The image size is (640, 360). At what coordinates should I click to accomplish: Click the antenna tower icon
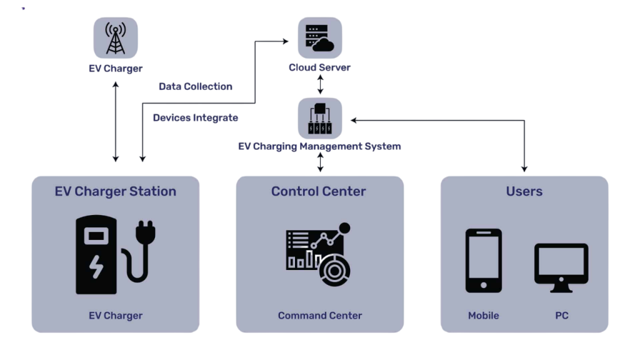pos(116,38)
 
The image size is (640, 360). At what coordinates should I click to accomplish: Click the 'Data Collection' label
pos(195,86)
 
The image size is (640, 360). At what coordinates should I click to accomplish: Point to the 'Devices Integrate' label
pos(195,117)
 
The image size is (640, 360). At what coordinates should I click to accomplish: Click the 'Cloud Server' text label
pos(319,67)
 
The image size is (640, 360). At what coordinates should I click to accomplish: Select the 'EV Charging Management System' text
pos(319,146)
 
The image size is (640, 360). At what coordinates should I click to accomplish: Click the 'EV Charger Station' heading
pos(116,191)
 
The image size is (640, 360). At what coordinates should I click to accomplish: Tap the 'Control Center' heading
pos(319,191)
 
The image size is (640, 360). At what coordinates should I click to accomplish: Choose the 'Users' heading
pos(524,191)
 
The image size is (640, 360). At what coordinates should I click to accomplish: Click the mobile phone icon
pos(483,261)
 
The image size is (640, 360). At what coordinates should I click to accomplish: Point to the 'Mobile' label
pos(483,316)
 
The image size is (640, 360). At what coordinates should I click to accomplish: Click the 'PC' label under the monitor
pos(561,316)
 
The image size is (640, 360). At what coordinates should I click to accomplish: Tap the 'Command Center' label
pos(319,316)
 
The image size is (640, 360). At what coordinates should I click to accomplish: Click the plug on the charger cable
pos(147,232)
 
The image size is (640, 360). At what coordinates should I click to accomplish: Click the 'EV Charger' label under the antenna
pos(116,69)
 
